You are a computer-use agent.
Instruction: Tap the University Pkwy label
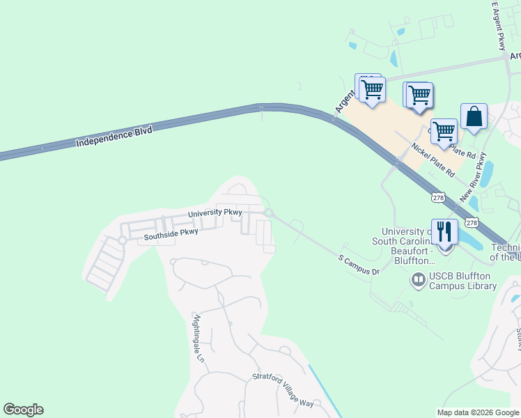tap(215, 213)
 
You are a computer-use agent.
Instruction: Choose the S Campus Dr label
tap(359, 265)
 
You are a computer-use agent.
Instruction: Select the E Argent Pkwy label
tap(499, 26)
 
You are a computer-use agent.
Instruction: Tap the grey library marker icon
tap(419, 281)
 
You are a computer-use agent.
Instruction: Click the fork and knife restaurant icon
tap(444, 232)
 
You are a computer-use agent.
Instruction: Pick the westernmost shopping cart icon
tap(372, 89)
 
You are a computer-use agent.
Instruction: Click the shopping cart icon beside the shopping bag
tap(443, 130)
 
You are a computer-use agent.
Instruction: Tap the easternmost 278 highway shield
tap(472, 222)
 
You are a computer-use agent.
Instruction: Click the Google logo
tap(23, 410)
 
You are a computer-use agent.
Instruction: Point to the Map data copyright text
tap(478, 412)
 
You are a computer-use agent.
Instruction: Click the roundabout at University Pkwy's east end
tap(268, 213)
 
